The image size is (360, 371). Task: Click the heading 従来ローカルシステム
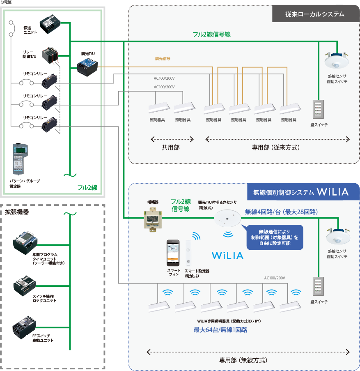point(315,14)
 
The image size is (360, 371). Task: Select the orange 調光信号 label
point(162,59)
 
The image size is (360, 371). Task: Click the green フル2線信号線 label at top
point(211,35)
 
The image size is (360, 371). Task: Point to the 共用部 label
point(170,147)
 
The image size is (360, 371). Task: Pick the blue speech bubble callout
point(275,237)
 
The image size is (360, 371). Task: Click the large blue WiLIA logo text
point(227,255)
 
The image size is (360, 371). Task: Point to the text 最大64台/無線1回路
point(220,330)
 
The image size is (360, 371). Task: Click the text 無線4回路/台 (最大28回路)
point(281,212)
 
